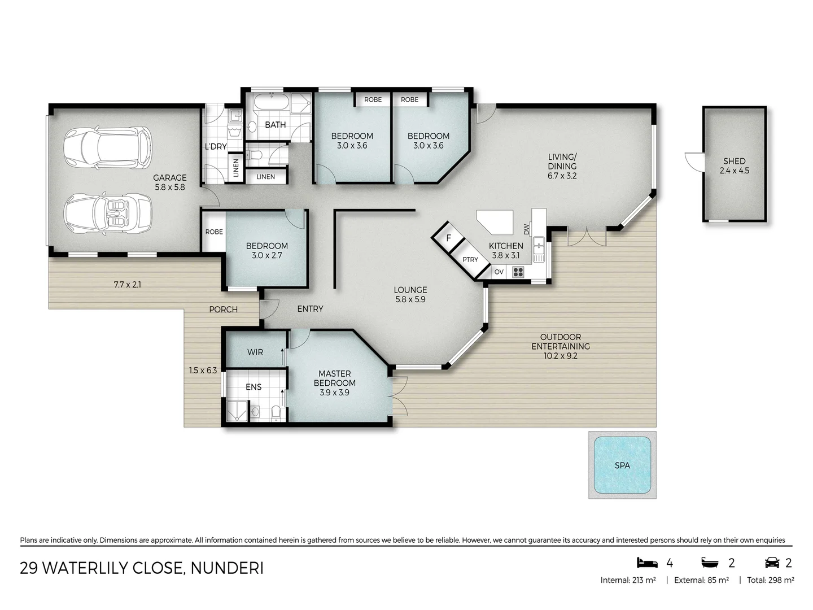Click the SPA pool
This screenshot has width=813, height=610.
(622, 465)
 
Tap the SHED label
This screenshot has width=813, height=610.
(734, 161)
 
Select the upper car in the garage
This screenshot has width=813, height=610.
(108, 147)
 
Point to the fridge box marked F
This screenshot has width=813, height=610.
(449, 238)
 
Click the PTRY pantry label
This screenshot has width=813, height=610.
(470, 259)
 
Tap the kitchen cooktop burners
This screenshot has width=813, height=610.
(518, 272)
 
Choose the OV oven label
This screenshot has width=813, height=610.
(499, 272)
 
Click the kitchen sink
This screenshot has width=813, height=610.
(539, 246)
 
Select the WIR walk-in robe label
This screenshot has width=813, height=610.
(255, 352)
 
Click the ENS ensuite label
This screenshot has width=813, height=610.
(253, 387)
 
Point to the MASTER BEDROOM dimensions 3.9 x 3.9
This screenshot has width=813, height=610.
(335, 392)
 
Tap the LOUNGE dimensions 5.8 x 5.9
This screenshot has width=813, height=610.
(410, 299)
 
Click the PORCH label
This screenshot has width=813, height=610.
(223, 309)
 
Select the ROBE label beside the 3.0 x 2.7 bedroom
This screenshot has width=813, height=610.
(214, 232)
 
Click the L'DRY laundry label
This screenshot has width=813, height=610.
(216, 146)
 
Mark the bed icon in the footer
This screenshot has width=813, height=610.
(647, 563)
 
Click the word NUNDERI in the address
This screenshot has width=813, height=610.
(227, 568)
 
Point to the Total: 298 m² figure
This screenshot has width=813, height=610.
(770, 580)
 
